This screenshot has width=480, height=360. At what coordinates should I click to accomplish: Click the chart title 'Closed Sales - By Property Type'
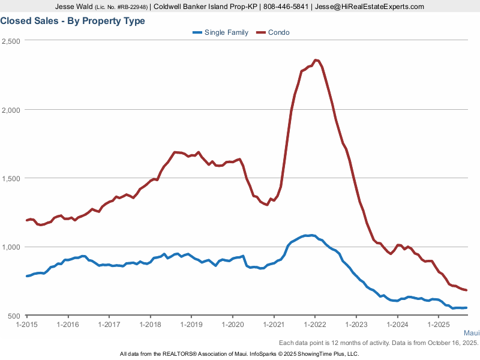point(73,21)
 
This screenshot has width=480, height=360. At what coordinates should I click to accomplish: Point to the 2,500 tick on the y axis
point(11,41)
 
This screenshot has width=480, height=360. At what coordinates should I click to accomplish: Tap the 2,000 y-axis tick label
point(11,110)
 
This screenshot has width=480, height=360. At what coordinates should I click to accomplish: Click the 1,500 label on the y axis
point(11,178)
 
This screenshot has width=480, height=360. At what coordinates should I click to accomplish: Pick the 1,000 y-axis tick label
point(11,247)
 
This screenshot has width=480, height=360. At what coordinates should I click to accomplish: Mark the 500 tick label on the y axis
point(14,316)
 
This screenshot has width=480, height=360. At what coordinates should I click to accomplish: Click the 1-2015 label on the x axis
point(27,325)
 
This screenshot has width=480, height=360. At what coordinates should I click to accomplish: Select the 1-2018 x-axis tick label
point(150,325)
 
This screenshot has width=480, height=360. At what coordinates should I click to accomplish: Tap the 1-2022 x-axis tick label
point(314,325)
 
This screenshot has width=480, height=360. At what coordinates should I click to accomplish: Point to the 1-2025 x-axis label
point(438,325)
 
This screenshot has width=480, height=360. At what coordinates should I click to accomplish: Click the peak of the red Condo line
point(316,60)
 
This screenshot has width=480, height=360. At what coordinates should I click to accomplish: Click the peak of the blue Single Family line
point(310,235)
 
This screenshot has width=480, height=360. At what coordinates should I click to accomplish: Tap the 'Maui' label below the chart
point(471,334)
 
